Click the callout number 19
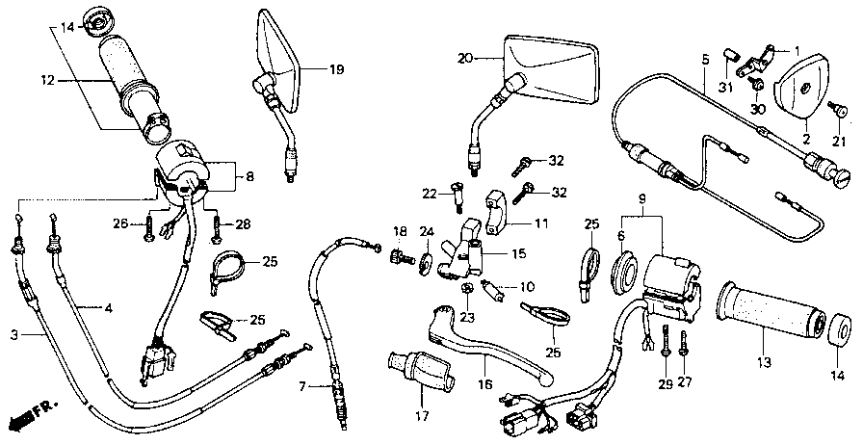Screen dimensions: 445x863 pos(335,69)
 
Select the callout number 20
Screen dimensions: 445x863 pos(465,58)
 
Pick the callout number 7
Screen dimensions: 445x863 pos(301,387)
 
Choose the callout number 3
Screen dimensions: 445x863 pos(14,334)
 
